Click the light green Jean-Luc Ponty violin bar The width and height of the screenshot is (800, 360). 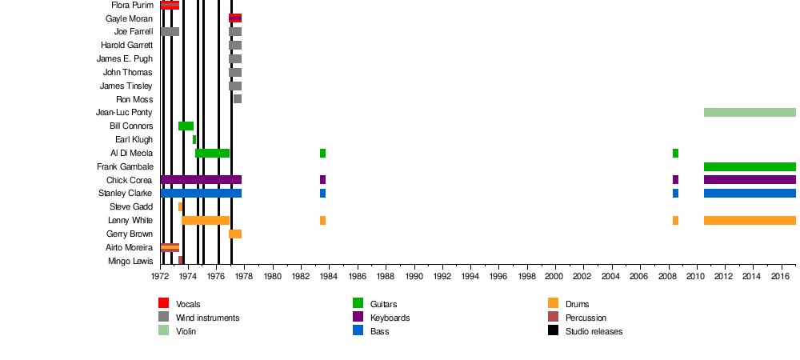click(x=750, y=112)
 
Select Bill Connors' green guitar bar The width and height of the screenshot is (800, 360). click(x=186, y=126)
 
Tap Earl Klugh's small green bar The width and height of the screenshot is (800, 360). click(x=194, y=139)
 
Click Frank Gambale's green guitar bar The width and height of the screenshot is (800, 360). click(x=750, y=166)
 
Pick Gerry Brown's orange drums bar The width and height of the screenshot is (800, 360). click(x=235, y=234)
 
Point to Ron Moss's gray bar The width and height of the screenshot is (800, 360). click(x=238, y=99)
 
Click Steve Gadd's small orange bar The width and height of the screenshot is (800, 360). click(x=180, y=206)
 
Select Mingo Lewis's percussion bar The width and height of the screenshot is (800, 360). click(x=181, y=260)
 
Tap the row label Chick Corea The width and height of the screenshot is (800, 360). click(x=130, y=180)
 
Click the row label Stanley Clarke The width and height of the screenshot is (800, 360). click(x=126, y=194)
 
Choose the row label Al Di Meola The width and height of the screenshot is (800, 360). click(x=131, y=153)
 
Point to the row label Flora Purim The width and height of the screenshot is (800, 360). click(x=132, y=5)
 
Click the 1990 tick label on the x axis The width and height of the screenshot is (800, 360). click(x=414, y=276)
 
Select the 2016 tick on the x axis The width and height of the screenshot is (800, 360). click(x=780, y=276)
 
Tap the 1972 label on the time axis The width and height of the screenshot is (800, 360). click(x=161, y=276)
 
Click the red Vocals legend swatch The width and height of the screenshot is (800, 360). click(x=163, y=303)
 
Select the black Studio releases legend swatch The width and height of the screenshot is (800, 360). click(x=553, y=330)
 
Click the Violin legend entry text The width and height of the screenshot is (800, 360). click(x=186, y=331)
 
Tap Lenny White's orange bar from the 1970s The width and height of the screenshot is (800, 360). click(x=206, y=220)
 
